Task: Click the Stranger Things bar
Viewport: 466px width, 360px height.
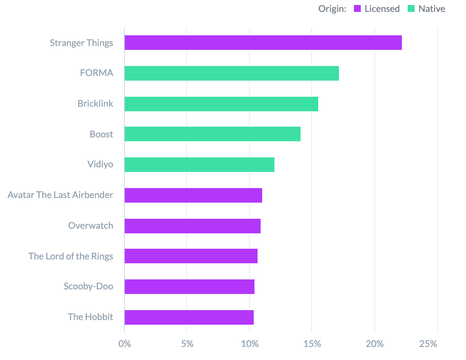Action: click(x=263, y=43)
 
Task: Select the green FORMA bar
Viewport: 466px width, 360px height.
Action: click(x=231, y=73)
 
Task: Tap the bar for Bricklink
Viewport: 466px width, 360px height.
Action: click(x=221, y=104)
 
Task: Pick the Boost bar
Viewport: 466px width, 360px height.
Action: click(x=212, y=134)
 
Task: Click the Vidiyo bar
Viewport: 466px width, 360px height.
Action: click(x=199, y=165)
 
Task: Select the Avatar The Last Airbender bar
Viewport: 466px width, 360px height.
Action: click(x=193, y=195)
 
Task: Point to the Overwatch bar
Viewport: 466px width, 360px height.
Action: click(x=192, y=226)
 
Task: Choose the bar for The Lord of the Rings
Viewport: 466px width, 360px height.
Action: click(x=191, y=256)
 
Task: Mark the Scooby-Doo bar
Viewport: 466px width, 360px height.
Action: click(x=189, y=287)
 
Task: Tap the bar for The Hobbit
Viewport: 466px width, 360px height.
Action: click(x=189, y=317)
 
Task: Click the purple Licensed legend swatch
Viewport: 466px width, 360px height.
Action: click(x=358, y=9)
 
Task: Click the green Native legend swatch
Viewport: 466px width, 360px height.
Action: click(x=411, y=9)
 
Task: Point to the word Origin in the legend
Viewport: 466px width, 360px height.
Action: click(x=332, y=9)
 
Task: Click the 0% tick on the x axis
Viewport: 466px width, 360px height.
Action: click(x=124, y=343)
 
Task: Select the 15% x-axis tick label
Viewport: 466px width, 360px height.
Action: click(x=312, y=343)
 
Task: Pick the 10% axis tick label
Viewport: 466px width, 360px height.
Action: click(x=250, y=343)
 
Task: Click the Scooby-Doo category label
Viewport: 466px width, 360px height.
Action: click(x=88, y=286)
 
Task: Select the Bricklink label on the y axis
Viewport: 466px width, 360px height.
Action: click(x=95, y=103)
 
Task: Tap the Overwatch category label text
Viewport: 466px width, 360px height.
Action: click(x=91, y=225)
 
